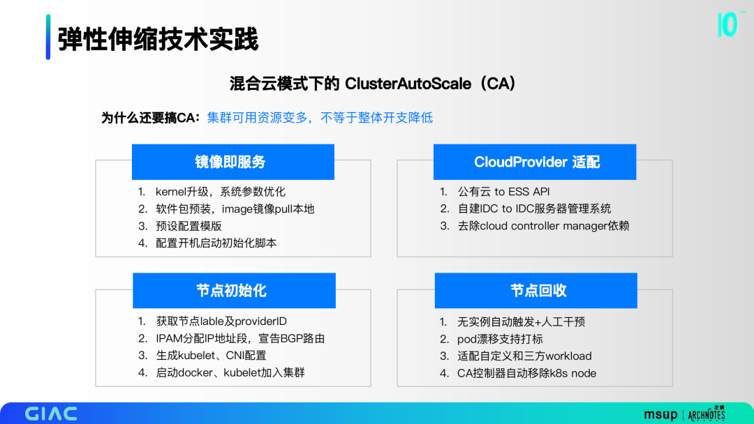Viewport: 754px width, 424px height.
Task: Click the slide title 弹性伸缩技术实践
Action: [x=158, y=39]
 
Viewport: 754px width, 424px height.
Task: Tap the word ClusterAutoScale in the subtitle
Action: [x=408, y=84]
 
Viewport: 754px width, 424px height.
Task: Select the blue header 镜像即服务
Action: [x=233, y=162]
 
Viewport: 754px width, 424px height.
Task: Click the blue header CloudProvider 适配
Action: [x=535, y=162]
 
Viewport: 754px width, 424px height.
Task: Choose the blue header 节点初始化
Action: [x=234, y=291]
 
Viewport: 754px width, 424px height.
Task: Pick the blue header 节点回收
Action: [x=536, y=291]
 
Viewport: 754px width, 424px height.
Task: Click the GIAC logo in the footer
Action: [x=51, y=414]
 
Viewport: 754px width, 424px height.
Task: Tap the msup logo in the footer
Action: [x=660, y=414]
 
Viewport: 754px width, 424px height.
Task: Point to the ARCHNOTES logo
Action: [x=707, y=414]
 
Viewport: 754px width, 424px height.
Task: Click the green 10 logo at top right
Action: [x=727, y=24]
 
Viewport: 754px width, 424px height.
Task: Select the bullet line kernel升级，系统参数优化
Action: [x=220, y=192]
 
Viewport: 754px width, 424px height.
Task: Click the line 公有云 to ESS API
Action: [x=503, y=192]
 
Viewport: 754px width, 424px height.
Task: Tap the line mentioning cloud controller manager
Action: [x=543, y=226]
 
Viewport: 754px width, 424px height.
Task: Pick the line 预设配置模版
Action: [x=188, y=226]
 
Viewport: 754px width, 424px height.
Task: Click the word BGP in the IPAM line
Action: [x=291, y=338]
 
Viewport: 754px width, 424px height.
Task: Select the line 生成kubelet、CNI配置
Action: [x=211, y=356]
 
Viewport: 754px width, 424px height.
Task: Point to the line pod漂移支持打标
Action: [x=500, y=339]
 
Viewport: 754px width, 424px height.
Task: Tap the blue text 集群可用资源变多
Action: [x=257, y=118]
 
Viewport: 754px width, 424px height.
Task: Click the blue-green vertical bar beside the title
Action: [x=48, y=37]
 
